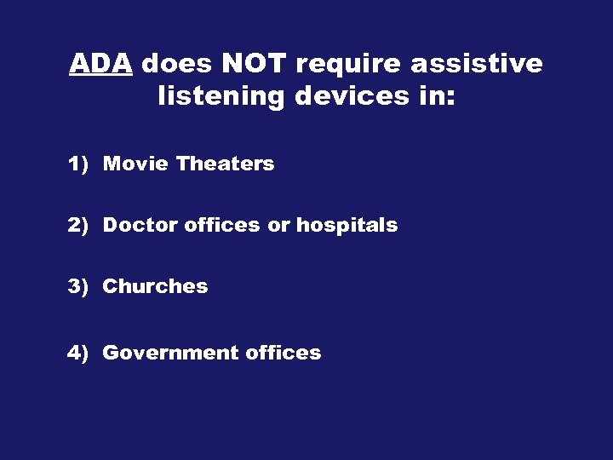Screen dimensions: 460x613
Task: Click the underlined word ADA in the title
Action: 100,64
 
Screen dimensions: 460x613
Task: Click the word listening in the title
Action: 221,97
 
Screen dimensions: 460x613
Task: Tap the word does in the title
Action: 175,64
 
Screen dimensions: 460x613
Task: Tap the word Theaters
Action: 226,164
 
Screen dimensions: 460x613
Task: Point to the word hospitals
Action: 347,225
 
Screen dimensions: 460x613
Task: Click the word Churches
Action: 155,286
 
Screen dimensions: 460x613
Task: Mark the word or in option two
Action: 278,226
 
